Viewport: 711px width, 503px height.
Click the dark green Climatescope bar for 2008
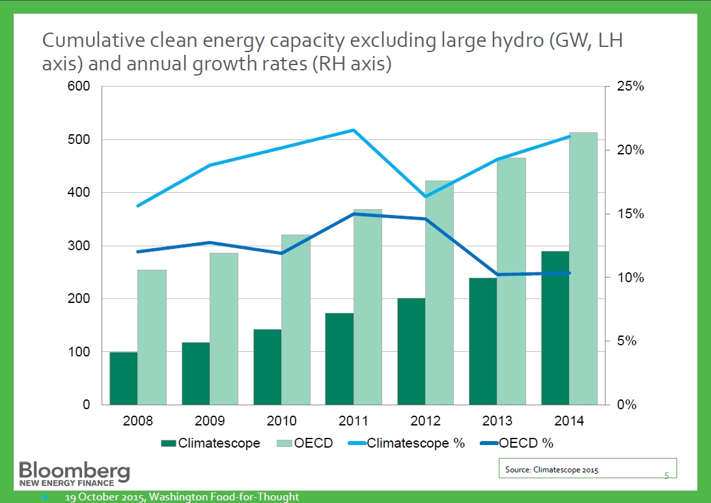click(123, 378)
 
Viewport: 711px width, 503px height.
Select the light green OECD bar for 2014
click(583, 268)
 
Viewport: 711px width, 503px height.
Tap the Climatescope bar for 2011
click(339, 358)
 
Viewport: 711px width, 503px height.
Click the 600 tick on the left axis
click(81, 87)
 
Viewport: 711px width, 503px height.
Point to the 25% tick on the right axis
click(630, 87)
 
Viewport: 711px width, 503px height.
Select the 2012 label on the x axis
click(426, 421)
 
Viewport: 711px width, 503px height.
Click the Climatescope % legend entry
click(416, 444)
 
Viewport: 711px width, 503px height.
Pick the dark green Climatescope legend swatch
click(169, 444)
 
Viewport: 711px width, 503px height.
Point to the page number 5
click(666, 476)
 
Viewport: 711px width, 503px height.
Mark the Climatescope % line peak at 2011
click(354, 130)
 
